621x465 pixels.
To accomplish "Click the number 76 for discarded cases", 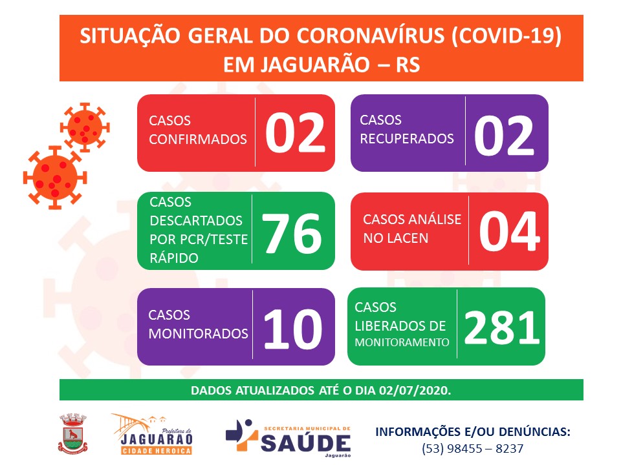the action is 292,233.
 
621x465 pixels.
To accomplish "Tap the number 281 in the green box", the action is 502,327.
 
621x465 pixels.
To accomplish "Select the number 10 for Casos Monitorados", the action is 292,329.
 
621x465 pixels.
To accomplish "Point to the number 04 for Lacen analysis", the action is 509,231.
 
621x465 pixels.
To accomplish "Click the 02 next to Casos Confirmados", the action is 295,132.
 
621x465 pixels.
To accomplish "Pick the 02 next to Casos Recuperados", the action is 504,136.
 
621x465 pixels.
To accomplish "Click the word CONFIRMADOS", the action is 198,139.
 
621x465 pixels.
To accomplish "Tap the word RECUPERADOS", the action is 407,138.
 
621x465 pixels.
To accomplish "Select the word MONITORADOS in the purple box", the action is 198,334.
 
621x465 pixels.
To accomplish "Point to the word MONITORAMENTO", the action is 402,342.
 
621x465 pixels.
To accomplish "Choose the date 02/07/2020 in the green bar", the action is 413,391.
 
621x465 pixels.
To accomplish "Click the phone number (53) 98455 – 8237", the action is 472,448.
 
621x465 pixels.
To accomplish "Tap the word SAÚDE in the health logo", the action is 306,443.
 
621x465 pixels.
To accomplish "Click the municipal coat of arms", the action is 72,433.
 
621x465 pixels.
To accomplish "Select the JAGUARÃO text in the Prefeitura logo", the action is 157,439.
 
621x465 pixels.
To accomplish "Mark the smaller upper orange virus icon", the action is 84,127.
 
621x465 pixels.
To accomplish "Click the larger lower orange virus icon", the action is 54,178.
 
